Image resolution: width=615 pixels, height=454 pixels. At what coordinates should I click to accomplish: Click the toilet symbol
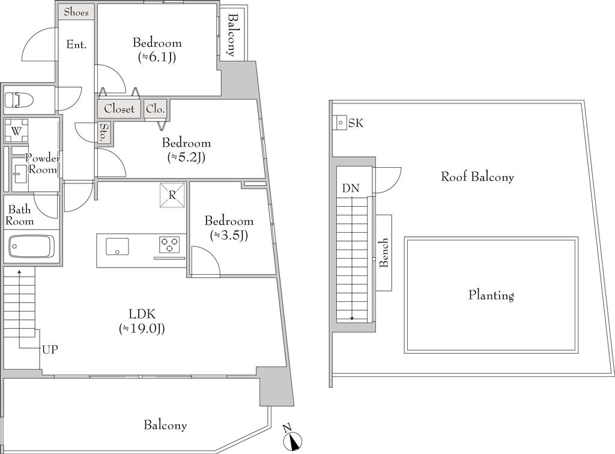pos(13,99)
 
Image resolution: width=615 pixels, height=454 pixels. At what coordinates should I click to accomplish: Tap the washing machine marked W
pos(16,130)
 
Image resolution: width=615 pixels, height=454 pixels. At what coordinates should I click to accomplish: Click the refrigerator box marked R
pos(172,195)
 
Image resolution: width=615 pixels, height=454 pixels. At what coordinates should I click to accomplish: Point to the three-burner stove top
pos(169,244)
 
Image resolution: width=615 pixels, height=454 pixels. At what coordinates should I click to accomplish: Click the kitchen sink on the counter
pos(117,247)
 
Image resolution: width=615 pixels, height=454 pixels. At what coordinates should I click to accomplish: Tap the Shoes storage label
pos(76,12)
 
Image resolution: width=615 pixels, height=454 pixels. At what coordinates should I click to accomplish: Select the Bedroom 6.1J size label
pos(157,57)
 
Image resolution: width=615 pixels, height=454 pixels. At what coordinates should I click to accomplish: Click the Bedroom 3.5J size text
pos(229,235)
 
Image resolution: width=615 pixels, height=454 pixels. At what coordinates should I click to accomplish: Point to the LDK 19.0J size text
pos(142,328)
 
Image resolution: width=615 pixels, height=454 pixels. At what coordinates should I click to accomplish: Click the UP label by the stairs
pos(50,349)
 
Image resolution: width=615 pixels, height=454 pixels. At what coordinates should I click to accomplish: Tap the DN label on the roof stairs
pos(351,188)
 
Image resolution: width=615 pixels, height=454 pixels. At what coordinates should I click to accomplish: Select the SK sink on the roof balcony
pos(340,123)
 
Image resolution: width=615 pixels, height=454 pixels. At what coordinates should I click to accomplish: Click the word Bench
pos(384,253)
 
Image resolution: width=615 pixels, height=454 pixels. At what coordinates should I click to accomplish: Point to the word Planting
pos(491,295)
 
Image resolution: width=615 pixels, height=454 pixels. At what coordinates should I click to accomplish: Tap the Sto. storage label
pos(104,132)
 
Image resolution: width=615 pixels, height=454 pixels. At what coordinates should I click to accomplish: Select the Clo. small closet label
pos(156,109)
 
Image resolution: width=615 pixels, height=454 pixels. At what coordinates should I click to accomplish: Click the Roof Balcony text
pos(477,177)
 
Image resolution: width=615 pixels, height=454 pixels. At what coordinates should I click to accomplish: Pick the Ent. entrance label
pos(76,44)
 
